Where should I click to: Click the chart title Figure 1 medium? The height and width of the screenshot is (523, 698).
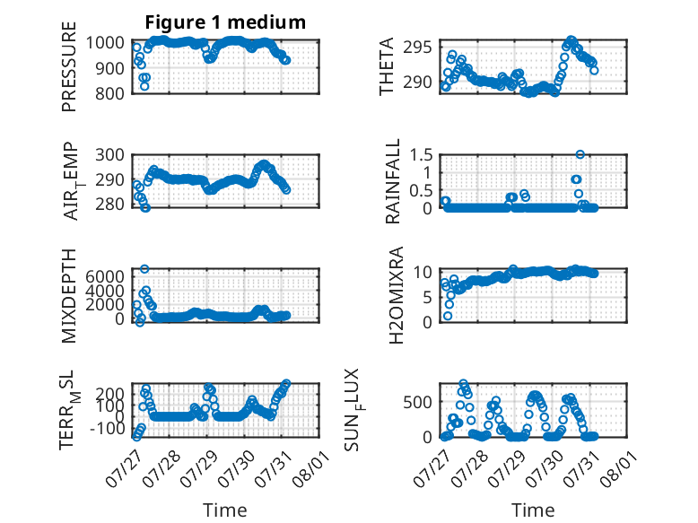pos(225,22)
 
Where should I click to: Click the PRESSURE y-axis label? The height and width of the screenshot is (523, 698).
pos(69,66)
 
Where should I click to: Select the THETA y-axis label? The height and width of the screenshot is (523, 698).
pos(387,66)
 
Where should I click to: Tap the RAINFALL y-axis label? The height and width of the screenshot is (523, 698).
pos(393,181)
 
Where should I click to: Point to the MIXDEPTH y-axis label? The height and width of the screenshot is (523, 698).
pos(69,296)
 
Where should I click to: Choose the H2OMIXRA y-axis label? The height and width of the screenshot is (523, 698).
pos(396,295)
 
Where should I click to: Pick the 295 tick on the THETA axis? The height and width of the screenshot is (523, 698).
pos(417,47)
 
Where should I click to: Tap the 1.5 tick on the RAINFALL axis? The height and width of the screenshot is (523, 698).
pos(421,155)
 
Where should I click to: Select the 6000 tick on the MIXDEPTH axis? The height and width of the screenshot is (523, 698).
pos(105,276)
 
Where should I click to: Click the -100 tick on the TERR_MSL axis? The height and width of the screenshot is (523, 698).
pos(107,429)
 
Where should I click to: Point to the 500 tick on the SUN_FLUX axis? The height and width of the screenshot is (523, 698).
pos(417,402)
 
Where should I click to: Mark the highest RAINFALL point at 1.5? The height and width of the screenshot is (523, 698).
pos(580,154)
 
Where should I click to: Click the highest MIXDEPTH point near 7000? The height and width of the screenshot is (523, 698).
pos(144,269)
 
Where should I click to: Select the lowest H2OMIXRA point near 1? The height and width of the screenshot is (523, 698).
pos(448,316)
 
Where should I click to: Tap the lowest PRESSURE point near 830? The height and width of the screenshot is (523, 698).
pos(144,86)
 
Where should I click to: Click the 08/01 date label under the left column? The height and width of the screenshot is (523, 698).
pos(311,468)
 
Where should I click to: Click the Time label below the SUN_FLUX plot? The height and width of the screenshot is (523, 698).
pos(533,510)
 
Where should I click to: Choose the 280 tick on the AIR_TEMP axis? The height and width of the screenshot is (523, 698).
pos(109,205)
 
